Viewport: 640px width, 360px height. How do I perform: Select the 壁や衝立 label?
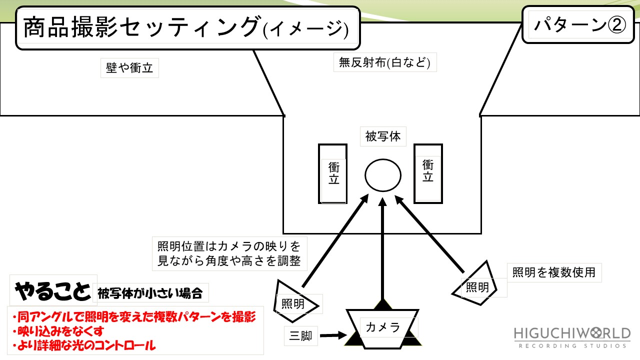click(129, 68)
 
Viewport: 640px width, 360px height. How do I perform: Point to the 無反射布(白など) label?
click(384, 63)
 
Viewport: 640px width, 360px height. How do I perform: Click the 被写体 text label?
click(383, 136)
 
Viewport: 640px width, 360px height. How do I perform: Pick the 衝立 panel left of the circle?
click(333, 173)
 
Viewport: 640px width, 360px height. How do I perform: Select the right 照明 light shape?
click(476, 285)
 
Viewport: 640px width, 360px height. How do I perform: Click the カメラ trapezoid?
click(383, 327)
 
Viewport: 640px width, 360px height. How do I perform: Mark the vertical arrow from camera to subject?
click(383, 250)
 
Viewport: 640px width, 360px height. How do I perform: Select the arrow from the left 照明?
click(335, 240)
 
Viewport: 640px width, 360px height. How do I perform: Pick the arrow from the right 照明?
click(431, 235)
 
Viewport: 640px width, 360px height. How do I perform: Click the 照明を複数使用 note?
click(554, 272)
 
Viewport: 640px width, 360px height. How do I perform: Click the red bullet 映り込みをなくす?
click(60, 330)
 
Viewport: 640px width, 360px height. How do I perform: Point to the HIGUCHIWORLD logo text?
click(572, 334)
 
